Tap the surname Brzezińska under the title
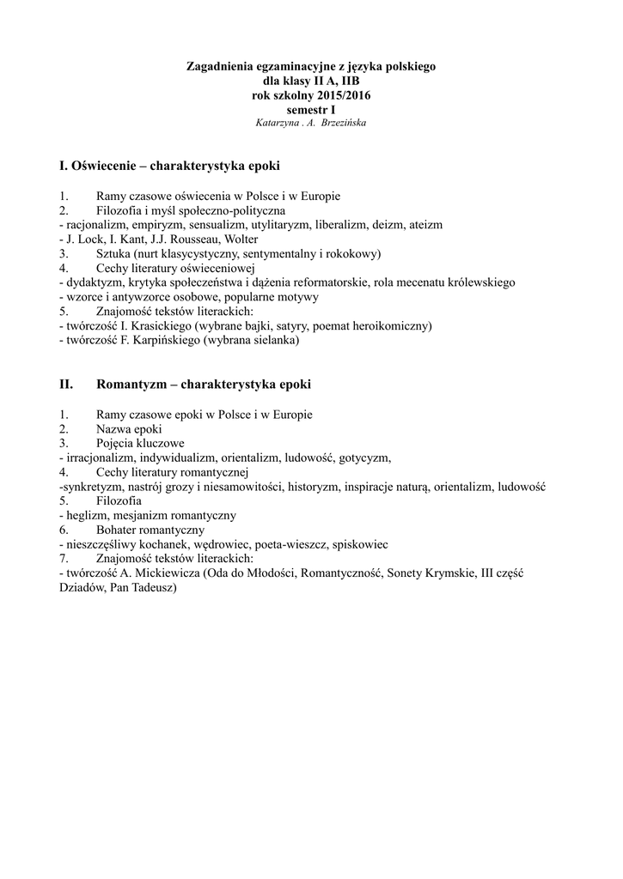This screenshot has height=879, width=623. coord(341,123)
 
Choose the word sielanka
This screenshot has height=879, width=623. coord(274,341)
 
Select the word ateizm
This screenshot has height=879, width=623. coord(423,225)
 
